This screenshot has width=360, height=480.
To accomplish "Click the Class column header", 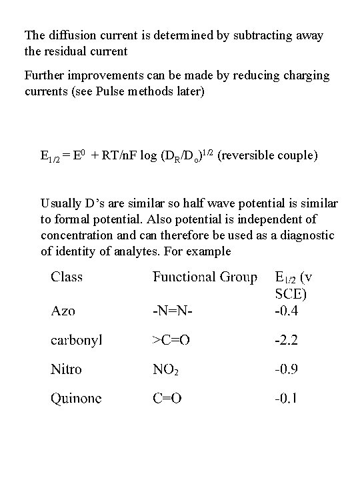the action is coord(67,277).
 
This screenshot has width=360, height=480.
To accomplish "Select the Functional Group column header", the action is coord(205,277).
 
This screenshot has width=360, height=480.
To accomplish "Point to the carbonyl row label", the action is coord(77,340).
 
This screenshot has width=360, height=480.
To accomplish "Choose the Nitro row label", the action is coord(67,369).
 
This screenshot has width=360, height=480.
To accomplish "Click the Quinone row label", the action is coord(77,398).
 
